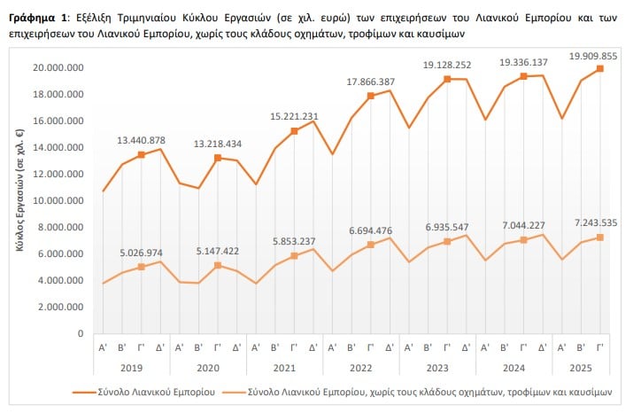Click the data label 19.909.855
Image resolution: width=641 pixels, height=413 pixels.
click(593, 56)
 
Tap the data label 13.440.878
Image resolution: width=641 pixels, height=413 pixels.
click(142, 140)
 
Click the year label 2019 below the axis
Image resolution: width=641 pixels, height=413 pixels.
click(131, 368)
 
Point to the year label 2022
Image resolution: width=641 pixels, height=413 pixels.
click(361, 368)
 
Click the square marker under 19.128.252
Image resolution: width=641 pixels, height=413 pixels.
click(447, 79)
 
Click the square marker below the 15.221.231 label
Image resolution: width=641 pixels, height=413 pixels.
click(294, 131)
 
